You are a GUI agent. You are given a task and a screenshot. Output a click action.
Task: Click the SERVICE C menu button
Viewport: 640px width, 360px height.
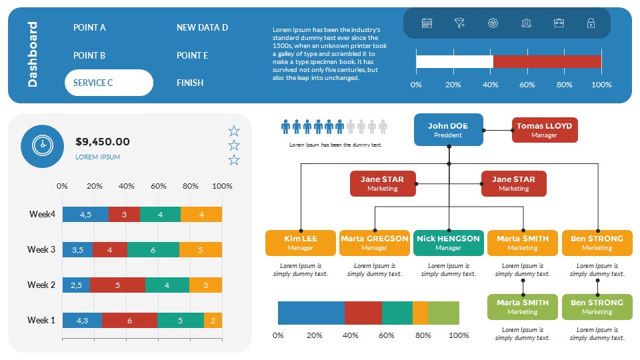tap(109, 83)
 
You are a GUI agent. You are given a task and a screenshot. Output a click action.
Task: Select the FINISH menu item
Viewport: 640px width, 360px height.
tap(190, 83)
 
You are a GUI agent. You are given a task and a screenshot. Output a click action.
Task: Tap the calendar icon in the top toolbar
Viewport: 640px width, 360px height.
tap(427, 23)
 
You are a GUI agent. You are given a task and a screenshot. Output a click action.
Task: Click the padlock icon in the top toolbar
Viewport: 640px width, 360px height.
tap(591, 23)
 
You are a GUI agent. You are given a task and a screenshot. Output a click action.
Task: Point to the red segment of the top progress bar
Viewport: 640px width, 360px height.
tap(547, 62)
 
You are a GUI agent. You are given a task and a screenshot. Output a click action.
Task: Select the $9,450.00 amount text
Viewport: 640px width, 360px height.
tap(103, 141)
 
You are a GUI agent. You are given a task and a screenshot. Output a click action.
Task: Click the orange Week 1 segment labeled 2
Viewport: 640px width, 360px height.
tap(213, 320)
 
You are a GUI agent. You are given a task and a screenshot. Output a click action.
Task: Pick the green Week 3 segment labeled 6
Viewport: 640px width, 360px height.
tap(153, 250)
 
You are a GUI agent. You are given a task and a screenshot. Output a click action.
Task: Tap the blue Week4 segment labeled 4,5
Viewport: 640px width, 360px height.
tap(85, 215)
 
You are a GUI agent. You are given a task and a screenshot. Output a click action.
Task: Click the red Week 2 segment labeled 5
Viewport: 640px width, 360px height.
tap(117, 285)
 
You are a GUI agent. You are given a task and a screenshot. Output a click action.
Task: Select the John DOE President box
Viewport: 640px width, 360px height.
tap(448, 130)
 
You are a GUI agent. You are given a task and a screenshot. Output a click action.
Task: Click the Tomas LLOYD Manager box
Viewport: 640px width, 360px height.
tap(545, 130)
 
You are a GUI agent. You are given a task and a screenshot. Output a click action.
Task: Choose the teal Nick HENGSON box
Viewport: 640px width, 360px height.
tap(448, 243)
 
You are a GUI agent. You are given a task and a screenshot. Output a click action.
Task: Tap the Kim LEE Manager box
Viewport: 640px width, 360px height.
tap(300, 243)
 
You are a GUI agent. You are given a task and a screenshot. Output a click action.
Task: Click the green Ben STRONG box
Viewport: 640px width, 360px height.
tap(597, 307)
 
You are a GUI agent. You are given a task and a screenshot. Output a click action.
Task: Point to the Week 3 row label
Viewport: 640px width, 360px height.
tap(41, 249)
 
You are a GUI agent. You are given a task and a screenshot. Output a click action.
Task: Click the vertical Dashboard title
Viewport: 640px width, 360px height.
tap(33, 55)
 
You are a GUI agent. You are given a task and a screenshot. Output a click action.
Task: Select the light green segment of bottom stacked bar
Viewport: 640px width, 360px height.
tap(443, 313)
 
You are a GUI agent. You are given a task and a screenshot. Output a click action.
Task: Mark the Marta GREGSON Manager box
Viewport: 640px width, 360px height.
tap(374, 243)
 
